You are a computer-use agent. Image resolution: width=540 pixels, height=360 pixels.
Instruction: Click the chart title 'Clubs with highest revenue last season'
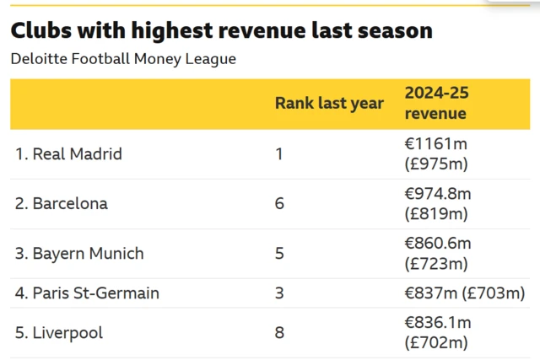[x=221, y=31]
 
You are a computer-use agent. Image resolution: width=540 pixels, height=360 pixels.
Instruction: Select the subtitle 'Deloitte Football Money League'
[x=123, y=59]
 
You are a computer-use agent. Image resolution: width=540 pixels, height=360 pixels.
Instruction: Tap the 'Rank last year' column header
[x=329, y=104]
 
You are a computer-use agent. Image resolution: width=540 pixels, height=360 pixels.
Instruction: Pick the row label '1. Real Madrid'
[x=68, y=154]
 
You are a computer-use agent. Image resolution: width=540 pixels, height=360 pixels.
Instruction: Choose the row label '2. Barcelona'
[x=62, y=204]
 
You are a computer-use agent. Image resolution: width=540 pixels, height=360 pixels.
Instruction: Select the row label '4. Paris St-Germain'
[x=87, y=293]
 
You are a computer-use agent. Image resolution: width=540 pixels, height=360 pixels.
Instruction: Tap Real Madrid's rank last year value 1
[x=280, y=154]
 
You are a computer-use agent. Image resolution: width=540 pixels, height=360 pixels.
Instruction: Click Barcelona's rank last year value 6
[x=280, y=204]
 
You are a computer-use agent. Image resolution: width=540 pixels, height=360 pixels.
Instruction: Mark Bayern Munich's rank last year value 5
[x=280, y=254]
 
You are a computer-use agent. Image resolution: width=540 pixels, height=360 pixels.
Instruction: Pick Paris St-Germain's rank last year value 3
[x=280, y=293]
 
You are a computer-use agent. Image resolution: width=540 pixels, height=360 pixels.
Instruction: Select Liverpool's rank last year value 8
[x=280, y=333]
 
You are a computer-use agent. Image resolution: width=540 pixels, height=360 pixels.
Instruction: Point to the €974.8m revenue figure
[x=438, y=194]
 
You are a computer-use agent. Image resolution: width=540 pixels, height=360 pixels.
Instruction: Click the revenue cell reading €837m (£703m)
[x=465, y=293]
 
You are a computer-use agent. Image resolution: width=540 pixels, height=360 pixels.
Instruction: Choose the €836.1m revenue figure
[x=438, y=323]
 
